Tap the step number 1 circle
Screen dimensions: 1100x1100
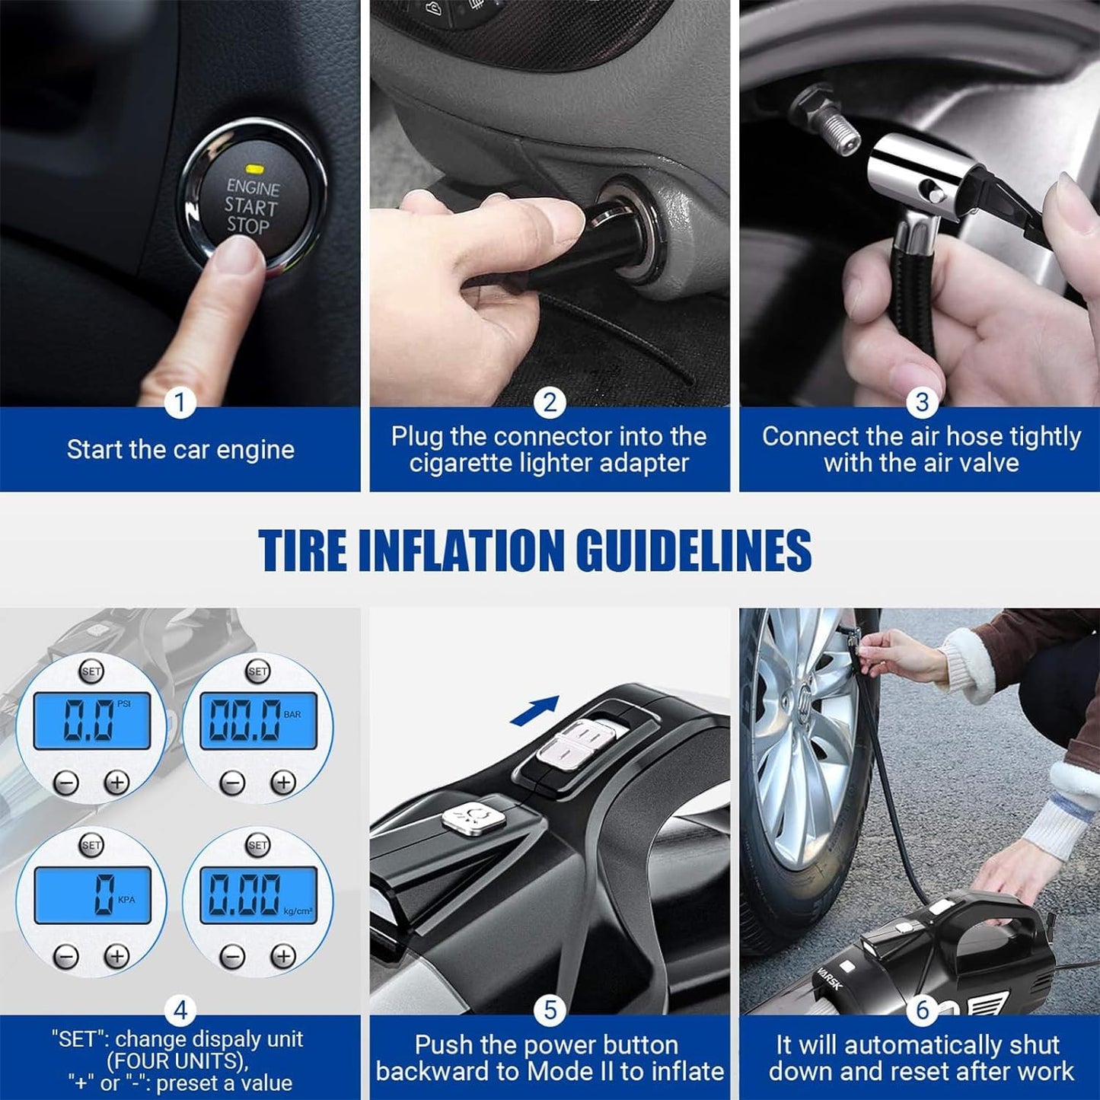click(x=180, y=402)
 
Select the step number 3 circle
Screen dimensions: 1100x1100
click(x=922, y=402)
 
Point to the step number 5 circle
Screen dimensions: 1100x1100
click(x=550, y=1010)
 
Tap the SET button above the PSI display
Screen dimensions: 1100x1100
click(x=91, y=671)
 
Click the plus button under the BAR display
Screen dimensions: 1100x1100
click(x=284, y=782)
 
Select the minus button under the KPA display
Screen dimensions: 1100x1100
click(x=66, y=956)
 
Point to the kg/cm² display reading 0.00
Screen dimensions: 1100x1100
click(x=258, y=894)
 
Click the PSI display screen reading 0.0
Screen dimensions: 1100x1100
click(x=92, y=720)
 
